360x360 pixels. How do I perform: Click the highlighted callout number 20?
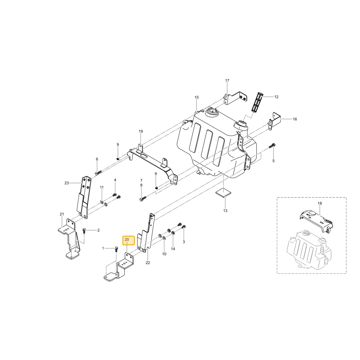127,239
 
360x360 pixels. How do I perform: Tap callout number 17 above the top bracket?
227,81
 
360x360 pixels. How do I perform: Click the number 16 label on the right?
295,119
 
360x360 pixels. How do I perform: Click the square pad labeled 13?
223,192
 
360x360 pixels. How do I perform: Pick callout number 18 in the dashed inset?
320,203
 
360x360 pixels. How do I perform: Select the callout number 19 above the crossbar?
141,131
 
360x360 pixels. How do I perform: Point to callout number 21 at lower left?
62,214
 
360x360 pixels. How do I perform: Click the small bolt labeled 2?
84,231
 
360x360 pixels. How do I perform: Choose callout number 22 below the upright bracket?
148,263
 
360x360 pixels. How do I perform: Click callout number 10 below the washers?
164,254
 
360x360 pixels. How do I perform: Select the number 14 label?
173,249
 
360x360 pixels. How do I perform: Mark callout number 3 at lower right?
184,242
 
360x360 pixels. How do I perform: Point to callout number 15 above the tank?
197,97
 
